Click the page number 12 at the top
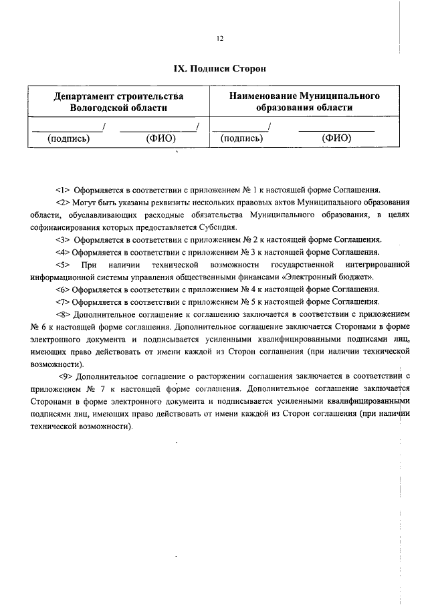tap(219, 39)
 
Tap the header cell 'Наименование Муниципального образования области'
tap(305, 102)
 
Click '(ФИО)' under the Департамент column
tap(159, 139)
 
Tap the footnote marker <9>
tap(66, 377)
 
